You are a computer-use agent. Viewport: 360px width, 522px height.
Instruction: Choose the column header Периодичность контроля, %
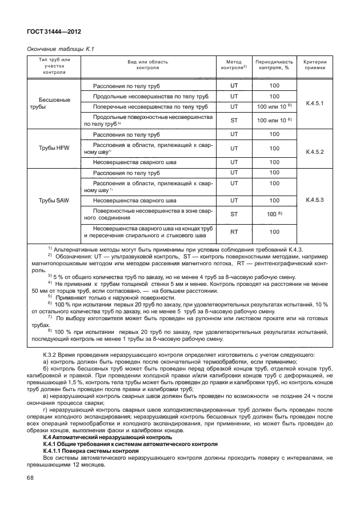(x=274, y=64)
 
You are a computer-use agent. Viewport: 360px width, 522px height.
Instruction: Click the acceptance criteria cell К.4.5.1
(x=315, y=103)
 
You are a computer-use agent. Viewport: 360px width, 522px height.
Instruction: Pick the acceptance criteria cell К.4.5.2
(x=315, y=152)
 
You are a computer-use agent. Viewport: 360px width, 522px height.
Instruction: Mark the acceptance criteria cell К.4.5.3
(x=315, y=200)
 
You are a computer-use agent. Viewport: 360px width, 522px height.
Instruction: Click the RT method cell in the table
(x=233, y=232)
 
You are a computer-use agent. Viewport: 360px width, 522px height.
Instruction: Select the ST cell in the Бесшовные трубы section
(x=233, y=120)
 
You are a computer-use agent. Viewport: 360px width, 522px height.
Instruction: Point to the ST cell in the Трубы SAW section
(x=233, y=214)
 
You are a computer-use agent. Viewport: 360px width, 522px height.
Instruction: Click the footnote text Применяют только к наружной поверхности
(x=114, y=297)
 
